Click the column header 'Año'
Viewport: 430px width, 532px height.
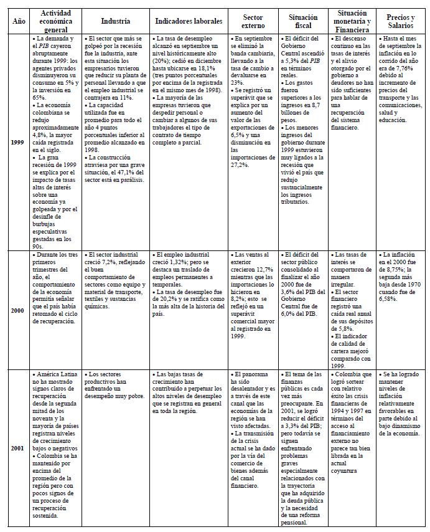17,21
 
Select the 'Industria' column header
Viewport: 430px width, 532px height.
115,21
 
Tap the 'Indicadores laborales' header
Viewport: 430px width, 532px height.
188,21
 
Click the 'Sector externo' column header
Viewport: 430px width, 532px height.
253,21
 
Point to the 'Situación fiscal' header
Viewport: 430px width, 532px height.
303,21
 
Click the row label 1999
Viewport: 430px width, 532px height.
17,143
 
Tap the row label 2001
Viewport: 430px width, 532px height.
17,448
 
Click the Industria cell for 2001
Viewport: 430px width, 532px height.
115,386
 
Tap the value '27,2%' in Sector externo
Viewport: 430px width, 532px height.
240,165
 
